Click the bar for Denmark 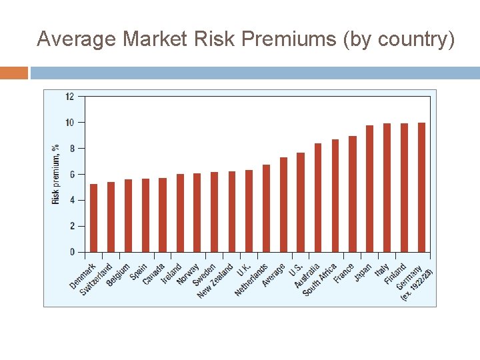coord(93,218)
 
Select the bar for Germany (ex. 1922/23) coord(421,187)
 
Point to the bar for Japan coord(369,189)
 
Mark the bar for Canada coord(163,215)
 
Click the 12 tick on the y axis coord(70,97)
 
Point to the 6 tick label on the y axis coord(71,174)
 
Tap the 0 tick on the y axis coord(72,252)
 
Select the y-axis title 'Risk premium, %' coord(56,174)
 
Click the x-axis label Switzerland coord(97,279)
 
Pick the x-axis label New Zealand coord(215,281)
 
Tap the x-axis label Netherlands coord(251,281)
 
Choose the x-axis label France coord(344,273)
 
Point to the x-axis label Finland coord(395,274)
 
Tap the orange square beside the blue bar coord(14,73)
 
